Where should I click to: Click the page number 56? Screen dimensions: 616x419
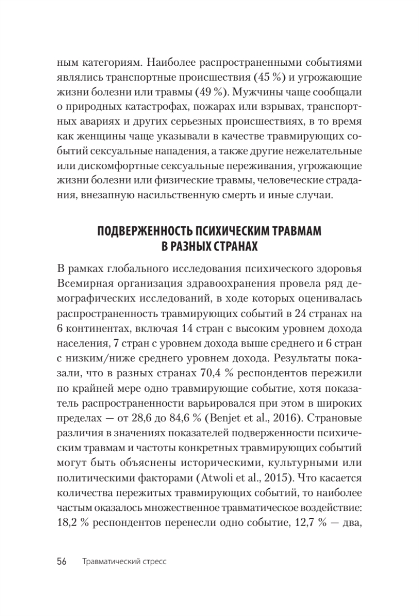63,561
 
